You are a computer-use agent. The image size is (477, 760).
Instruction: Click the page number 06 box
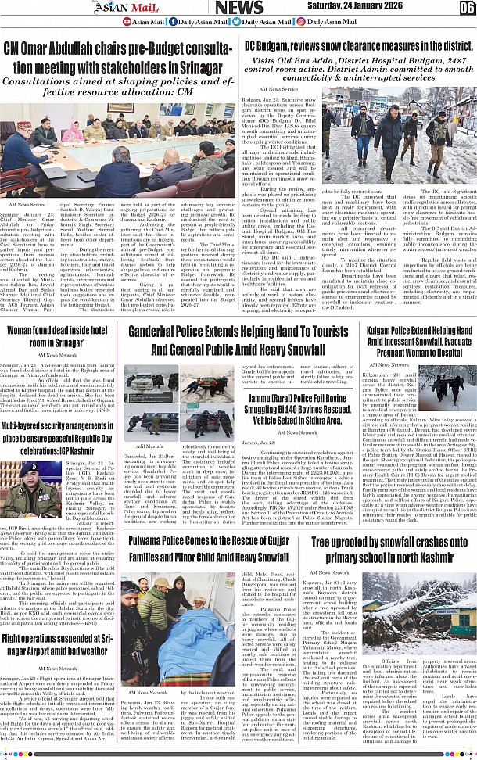tap(466, 8)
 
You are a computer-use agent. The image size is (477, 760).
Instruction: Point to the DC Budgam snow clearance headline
tap(357, 46)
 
